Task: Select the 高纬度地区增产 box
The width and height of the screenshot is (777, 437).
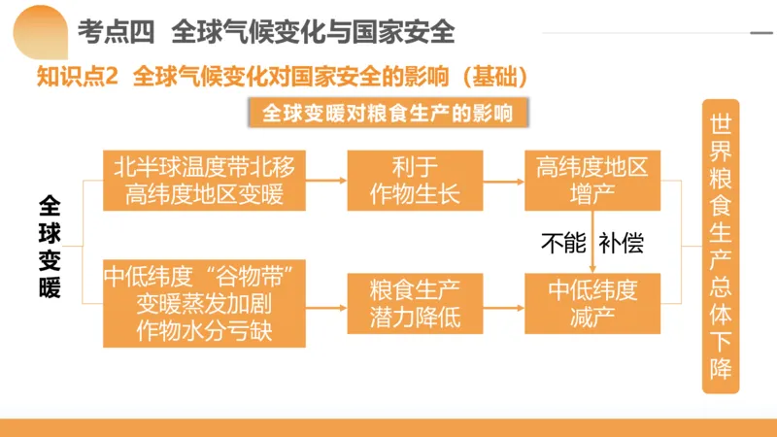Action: (591, 181)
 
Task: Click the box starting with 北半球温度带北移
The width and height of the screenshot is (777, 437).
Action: (204, 181)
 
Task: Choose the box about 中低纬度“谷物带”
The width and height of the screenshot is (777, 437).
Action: (204, 301)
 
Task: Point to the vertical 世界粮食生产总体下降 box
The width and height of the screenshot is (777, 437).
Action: (720, 247)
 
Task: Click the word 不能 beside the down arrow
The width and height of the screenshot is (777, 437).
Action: (563, 244)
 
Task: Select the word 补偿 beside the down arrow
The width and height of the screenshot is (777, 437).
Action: (622, 244)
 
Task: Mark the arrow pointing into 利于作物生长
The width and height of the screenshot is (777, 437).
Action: (327, 182)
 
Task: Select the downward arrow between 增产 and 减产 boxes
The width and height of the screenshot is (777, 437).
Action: (592, 244)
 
